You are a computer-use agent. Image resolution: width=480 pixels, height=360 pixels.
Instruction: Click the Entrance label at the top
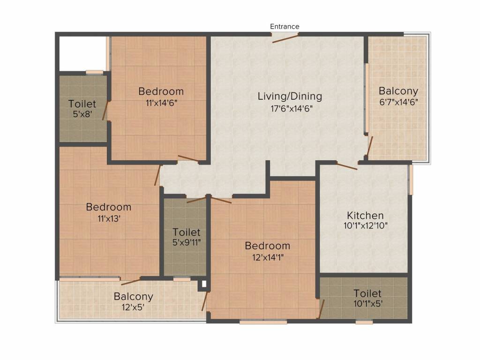pyautogui.click(x=285, y=27)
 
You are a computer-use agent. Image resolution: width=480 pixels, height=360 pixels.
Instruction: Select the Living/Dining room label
pyautogui.click(x=290, y=97)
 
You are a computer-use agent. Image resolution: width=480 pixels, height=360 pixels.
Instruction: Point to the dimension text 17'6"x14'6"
pyautogui.click(x=290, y=108)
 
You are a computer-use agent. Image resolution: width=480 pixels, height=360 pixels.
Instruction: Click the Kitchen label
pyautogui.click(x=365, y=216)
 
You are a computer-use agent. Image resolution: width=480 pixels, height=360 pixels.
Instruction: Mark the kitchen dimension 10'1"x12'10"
pyautogui.click(x=365, y=225)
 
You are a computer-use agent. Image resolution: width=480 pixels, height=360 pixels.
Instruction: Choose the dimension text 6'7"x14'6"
pyautogui.click(x=398, y=102)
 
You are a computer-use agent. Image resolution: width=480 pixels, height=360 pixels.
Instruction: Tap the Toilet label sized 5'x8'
pyautogui.click(x=82, y=104)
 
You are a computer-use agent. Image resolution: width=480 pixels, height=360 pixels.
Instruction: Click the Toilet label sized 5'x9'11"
pyautogui.click(x=186, y=232)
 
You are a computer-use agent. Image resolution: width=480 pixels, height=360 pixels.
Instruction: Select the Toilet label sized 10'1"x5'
pyautogui.click(x=367, y=293)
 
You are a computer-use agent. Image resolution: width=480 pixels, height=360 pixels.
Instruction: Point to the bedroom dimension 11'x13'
pyautogui.click(x=109, y=217)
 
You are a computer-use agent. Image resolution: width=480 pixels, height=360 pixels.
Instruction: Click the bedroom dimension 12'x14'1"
pyautogui.click(x=268, y=256)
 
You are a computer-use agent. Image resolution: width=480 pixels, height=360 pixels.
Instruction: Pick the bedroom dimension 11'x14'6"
pyautogui.click(x=161, y=102)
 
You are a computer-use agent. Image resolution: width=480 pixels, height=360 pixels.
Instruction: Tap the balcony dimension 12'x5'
pyautogui.click(x=134, y=307)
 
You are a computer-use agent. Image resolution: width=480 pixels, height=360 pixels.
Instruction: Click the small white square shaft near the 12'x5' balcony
pyautogui.click(x=203, y=284)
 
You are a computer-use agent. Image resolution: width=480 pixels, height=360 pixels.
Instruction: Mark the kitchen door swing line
pyautogui.click(x=347, y=165)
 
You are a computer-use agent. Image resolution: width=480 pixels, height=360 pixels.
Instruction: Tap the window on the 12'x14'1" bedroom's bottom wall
pyautogui.click(x=263, y=322)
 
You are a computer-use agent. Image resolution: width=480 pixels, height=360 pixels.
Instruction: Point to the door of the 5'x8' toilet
pyautogui.click(x=106, y=111)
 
